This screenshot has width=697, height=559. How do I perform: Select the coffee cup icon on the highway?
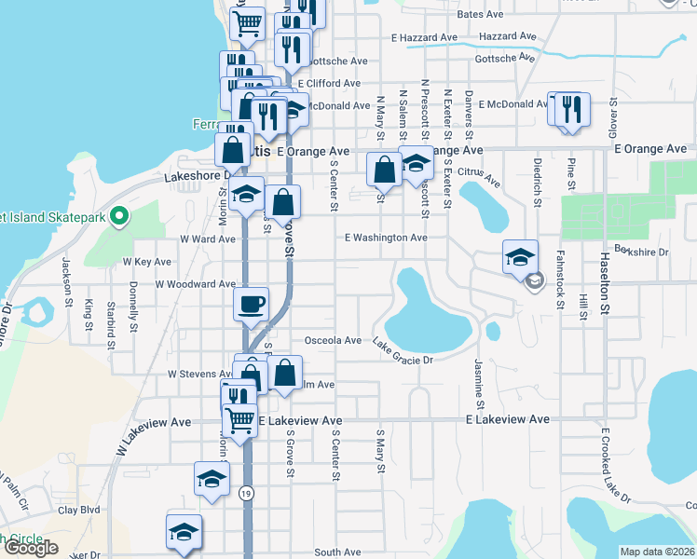coord(250,304)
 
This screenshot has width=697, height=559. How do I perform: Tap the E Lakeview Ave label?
coord(508,420)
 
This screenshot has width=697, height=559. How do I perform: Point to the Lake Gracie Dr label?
coord(403,354)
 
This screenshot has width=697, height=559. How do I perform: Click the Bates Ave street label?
coord(480,16)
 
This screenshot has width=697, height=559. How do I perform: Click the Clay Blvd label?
coord(79,511)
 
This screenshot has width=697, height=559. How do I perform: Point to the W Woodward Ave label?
coord(196,283)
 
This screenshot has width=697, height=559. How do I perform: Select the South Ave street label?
coord(337,552)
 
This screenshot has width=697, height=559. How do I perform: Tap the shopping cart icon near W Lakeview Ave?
coord(240,421)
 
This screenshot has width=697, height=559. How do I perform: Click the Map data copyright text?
coord(658,552)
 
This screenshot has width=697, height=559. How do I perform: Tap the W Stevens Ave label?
coord(198,374)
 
